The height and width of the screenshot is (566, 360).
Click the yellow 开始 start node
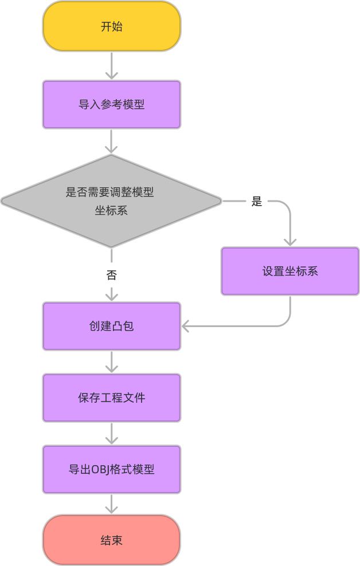(112, 26)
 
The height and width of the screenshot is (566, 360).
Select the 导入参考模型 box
(112, 104)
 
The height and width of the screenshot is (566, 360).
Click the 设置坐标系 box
(290, 271)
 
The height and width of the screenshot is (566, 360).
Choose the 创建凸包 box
(112, 326)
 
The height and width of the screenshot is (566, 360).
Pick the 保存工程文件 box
(112, 398)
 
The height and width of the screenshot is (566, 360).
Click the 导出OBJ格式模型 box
(112, 469)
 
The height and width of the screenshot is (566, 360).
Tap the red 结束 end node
(112, 540)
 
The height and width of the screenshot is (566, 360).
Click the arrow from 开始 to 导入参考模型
(112, 65)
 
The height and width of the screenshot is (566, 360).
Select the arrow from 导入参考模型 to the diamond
(112, 141)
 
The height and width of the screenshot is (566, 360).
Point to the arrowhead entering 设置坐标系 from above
(290, 242)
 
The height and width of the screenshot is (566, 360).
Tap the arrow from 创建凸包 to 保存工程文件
(112, 361)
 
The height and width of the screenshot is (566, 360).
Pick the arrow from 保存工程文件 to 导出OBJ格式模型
(112, 433)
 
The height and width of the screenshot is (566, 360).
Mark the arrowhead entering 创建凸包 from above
(112, 297)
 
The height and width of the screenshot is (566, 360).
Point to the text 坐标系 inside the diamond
(111, 210)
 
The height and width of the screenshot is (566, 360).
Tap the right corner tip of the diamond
(220, 201)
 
